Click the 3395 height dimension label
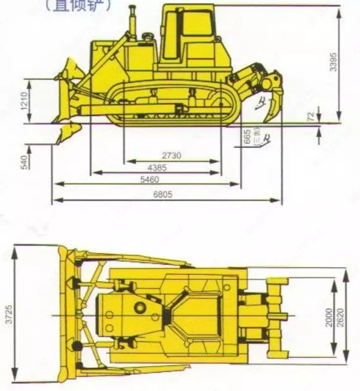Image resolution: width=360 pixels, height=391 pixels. [x=333, y=61]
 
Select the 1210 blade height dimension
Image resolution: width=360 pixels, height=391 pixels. [x=25, y=101]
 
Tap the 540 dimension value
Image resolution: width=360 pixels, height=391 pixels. [x=24, y=160]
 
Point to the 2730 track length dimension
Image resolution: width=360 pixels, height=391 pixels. [x=171, y=156]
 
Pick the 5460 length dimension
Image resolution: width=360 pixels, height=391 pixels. [x=148, y=179]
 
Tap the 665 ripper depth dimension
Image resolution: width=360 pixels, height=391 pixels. [x=248, y=136]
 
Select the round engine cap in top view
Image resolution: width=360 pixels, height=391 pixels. [x=140, y=307]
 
